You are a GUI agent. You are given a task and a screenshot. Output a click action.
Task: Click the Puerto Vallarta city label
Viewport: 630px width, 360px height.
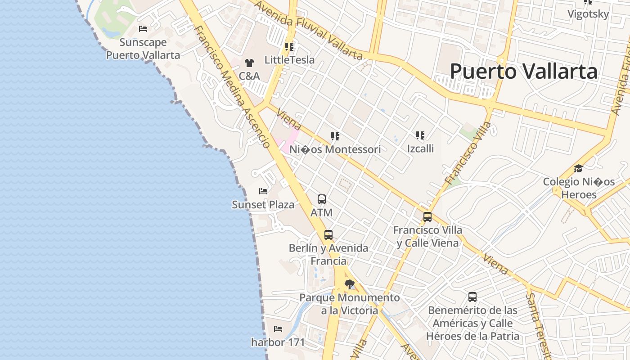[x=524, y=71]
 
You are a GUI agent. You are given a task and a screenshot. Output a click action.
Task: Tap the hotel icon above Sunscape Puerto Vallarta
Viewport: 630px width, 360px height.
[x=143, y=29]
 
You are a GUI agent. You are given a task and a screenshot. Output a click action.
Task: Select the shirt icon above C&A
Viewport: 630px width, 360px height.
[x=249, y=63]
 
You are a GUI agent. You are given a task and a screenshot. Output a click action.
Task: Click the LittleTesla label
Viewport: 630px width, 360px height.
[x=289, y=60]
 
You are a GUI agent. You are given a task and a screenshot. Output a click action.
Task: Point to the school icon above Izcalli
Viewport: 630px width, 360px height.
[x=420, y=135]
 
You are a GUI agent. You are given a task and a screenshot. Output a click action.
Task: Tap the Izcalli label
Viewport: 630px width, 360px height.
[x=420, y=148]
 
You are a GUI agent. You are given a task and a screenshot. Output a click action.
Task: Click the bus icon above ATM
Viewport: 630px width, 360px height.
[x=321, y=199]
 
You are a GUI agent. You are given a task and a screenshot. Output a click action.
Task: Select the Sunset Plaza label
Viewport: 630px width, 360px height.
[x=263, y=205]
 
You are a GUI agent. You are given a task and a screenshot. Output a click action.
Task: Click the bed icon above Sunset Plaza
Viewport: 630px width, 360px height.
[x=263, y=191]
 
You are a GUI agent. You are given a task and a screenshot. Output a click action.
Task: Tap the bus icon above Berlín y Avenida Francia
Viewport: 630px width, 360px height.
[x=328, y=234]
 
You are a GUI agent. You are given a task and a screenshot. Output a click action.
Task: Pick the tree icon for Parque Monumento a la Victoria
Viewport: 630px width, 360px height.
[x=349, y=284]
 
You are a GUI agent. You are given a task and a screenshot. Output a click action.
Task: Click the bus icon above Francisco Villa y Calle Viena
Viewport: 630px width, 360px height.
[x=427, y=217]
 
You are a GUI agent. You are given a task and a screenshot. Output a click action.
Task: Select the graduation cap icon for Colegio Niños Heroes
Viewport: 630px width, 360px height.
[x=578, y=169]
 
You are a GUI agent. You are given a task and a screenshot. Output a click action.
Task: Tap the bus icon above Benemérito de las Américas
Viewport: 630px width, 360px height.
[x=472, y=297]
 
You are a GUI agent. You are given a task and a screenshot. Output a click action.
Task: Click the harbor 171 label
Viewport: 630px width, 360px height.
[x=278, y=342]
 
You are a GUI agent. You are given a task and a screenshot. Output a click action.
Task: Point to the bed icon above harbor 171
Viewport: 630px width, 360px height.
[x=278, y=329]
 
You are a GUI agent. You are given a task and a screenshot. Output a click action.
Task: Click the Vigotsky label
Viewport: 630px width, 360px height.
[x=588, y=14]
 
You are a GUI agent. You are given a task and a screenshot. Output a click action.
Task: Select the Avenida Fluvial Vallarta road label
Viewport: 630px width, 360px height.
[x=308, y=30]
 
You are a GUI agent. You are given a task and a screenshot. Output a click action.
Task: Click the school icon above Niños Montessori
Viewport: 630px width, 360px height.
[x=335, y=136]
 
